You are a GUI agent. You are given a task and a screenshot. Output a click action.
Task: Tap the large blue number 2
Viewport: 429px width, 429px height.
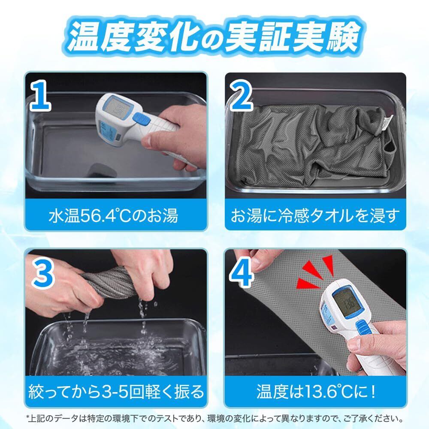coord(241,96)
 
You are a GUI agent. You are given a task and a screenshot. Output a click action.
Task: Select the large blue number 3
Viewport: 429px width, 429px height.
coord(42,273)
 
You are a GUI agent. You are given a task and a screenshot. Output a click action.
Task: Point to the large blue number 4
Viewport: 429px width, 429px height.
coord(241,273)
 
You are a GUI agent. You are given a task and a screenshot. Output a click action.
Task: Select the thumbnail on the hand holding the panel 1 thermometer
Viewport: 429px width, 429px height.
coord(148,141)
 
